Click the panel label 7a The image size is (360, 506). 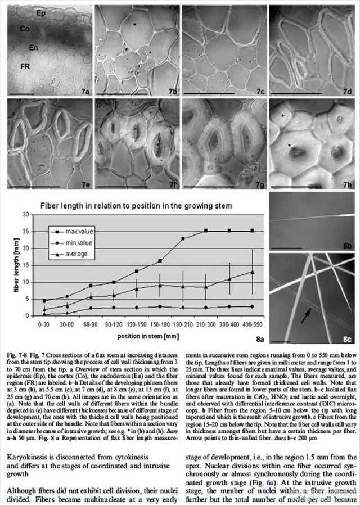click(84, 90)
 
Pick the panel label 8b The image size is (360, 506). click(346, 246)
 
